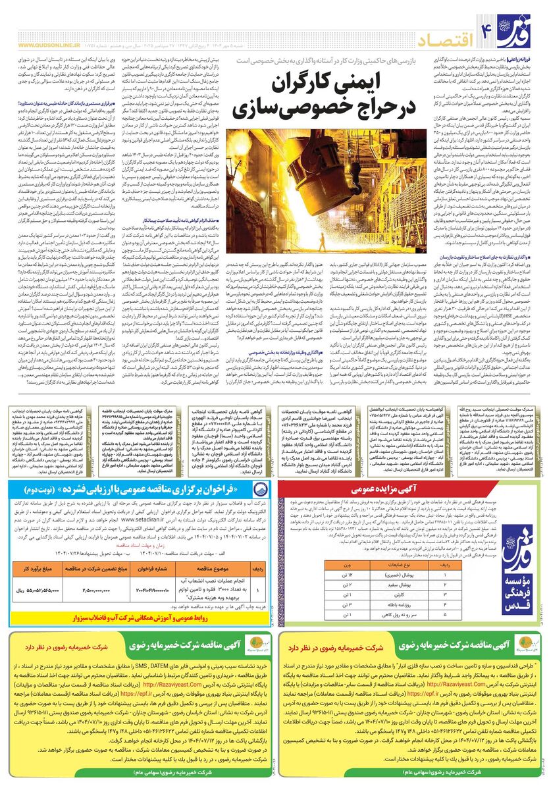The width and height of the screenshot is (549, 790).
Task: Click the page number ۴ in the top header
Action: pyautogui.click(x=488, y=27)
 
